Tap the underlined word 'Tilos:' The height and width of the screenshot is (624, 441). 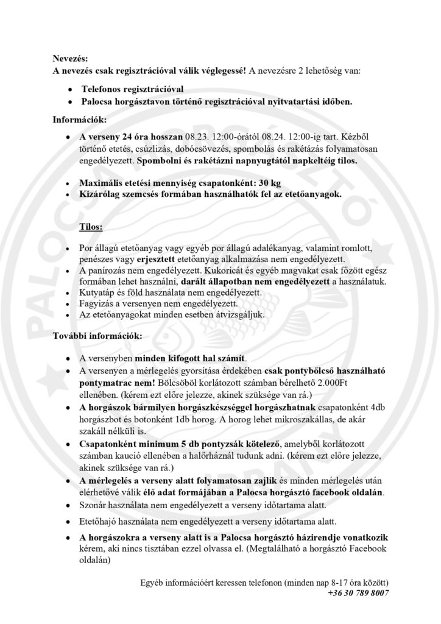(x=91, y=227)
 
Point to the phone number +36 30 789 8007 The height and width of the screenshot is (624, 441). (x=358, y=592)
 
